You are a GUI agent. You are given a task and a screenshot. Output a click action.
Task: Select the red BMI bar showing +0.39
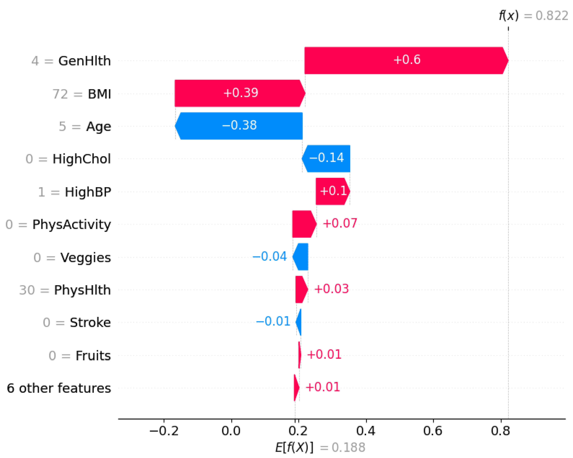click(239, 93)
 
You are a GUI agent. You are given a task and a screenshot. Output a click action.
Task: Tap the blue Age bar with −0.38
click(239, 126)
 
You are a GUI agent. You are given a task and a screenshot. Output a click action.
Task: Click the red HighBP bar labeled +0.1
click(332, 191)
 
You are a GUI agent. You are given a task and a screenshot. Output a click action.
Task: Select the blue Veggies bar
click(301, 257)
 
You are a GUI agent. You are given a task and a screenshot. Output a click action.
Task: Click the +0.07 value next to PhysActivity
click(340, 223)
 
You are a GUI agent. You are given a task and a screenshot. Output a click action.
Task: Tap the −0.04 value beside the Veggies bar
click(269, 256)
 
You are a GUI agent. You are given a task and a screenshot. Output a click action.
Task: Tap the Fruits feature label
click(93, 356)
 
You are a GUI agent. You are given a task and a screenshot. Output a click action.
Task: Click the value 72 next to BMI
click(60, 94)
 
